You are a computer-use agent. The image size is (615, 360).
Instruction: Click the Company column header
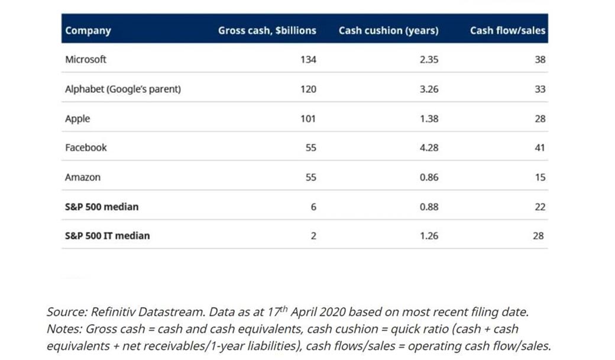click(x=88, y=31)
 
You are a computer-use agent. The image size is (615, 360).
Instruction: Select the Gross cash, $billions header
click(x=267, y=31)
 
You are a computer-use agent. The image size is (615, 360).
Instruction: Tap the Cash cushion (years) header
click(x=389, y=31)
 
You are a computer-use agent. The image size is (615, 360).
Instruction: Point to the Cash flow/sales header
click(x=507, y=31)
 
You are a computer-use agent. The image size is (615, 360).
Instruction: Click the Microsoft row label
click(x=86, y=59)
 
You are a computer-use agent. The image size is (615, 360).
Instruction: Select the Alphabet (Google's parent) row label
click(x=123, y=89)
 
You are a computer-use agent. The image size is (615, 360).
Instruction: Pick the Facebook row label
click(x=86, y=147)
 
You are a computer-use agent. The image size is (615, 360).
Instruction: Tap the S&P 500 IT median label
click(x=108, y=236)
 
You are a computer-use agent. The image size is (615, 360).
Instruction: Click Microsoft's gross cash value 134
click(x=308, y=60)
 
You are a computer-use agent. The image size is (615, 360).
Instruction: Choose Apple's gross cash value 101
click(x=308, y=118)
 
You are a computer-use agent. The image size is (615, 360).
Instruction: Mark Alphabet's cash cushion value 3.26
click(x=429, y=89)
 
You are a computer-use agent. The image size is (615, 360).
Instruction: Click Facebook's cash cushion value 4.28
click(x=429, y=148)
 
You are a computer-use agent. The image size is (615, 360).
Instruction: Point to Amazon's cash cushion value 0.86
click(x=429, y=177)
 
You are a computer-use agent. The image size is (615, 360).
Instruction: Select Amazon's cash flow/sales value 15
click(x=540, y=177)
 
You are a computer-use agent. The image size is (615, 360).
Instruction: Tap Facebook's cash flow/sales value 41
click(x=540, y=148)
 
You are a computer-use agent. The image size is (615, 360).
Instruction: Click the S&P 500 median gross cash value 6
click(x=313, y=207)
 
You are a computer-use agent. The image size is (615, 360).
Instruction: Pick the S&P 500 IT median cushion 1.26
click(x=429, y=236)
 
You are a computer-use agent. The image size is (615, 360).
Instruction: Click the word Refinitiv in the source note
click(x=113, y=312)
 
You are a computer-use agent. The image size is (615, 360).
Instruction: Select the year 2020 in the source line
click(x=332, y=312)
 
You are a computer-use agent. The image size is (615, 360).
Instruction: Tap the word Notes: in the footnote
click(x=64, y=329)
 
